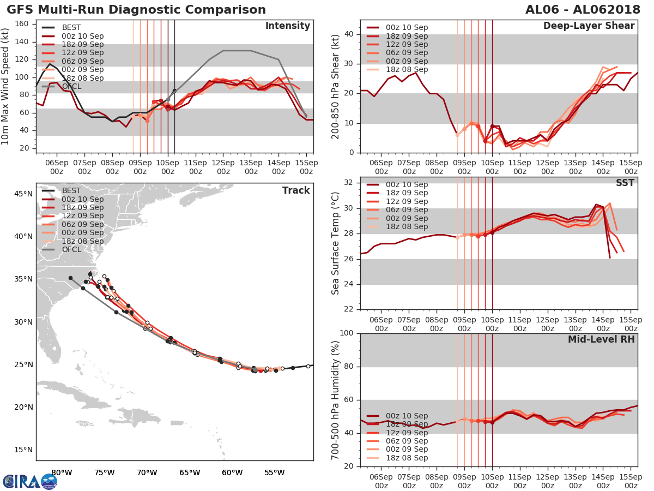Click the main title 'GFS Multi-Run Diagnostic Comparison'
click(x=136, y=10)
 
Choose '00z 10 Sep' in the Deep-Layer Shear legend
click(x=406, y=27)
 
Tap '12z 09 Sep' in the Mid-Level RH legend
click(x=406, y=433)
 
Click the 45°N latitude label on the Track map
click(x=23, y=194)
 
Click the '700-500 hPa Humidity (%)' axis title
click(x=336, y=399)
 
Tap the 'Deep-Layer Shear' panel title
click(x=589, y=26)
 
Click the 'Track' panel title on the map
click(x=296, y=190)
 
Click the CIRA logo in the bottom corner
click(x=29, y=481)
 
